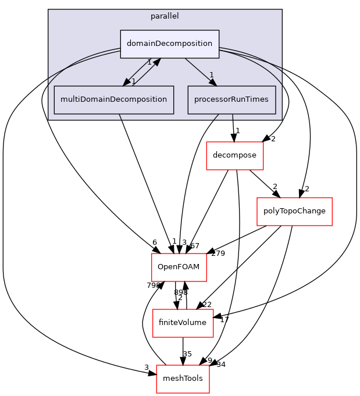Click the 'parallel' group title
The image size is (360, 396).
(165, 16)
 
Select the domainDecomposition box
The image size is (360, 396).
(169, 44)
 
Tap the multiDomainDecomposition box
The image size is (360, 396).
(113, 99)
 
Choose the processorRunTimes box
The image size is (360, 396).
(231, 99)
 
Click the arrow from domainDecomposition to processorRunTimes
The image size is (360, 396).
(198, 69)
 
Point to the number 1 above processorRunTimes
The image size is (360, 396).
(212, 74)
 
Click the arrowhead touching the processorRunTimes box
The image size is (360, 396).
(213, 83)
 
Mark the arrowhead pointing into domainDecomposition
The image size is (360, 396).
(155, 62)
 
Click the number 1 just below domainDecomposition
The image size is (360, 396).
(149, 62)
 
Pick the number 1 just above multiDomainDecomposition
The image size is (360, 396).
(133, 81)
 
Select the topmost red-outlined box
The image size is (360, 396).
(234, 156)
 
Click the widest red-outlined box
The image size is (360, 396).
(294, 212)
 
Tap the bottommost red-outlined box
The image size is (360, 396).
(183, 379)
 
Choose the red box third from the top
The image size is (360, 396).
(179, 267)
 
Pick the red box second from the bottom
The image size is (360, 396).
(183, 323)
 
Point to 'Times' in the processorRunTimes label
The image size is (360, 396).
(257, 99)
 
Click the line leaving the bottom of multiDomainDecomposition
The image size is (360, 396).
(120, 117)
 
